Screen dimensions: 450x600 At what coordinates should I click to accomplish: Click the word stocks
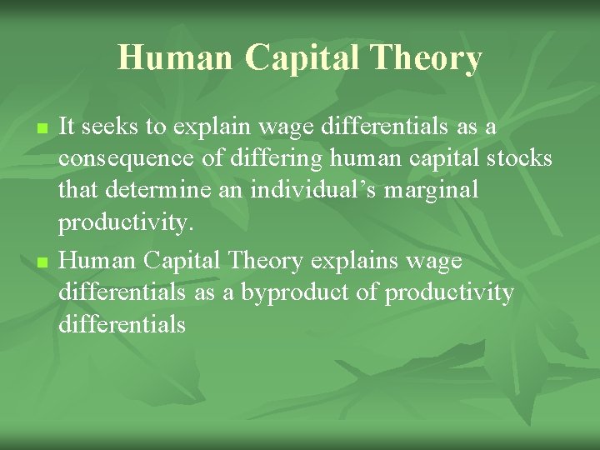[516, 158]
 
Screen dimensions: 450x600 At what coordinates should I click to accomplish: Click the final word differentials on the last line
[122, 325]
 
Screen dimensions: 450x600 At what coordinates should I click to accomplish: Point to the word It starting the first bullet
[68, 127]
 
